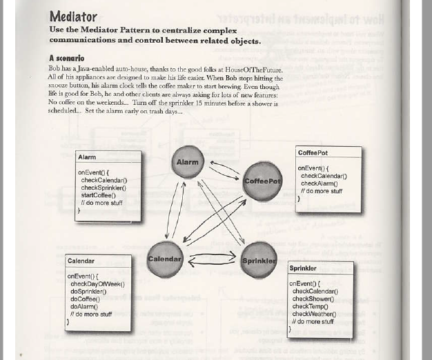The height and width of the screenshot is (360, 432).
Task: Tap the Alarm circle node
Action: tap(188, 163)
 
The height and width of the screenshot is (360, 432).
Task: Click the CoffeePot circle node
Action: tap(262, 181)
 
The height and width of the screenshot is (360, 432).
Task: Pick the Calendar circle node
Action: tap(165, 259)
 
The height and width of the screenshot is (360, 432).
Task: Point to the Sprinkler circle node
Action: tap(259, 261)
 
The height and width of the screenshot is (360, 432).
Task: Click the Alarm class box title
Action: tap(87, 157)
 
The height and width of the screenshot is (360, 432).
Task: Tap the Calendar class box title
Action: tap(81, 261)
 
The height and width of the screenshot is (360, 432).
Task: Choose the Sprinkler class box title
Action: tap(303, 268)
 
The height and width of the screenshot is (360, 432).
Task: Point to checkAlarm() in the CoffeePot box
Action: tap(319, 183)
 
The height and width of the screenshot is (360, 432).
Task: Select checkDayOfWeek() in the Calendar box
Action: tap(97, 283)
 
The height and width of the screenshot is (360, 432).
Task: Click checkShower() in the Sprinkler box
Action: tap(314, 299)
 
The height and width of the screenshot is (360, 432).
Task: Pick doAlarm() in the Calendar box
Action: tap(84, 306)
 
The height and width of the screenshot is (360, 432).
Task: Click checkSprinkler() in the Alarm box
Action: tap(103, 188)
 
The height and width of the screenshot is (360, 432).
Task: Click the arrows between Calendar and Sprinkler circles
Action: tap(212, 260)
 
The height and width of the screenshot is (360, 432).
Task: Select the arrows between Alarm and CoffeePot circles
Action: tap(224, 169)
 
